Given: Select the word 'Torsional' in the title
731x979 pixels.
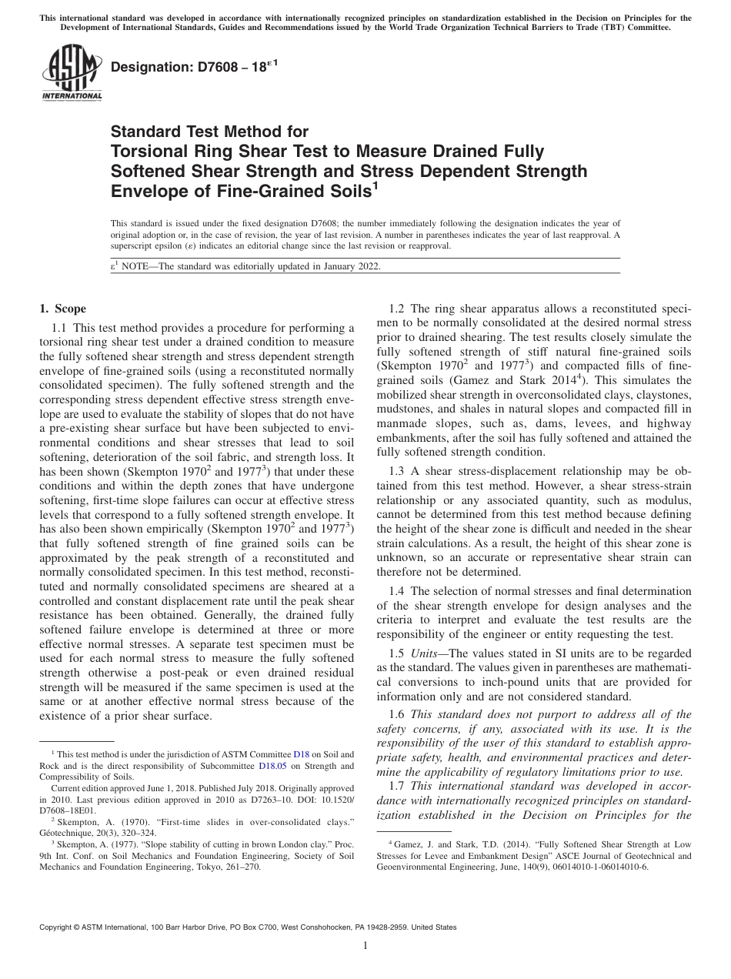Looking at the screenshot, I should [x=149, y=151].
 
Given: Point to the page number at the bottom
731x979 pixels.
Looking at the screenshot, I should [x=365, y=946].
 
